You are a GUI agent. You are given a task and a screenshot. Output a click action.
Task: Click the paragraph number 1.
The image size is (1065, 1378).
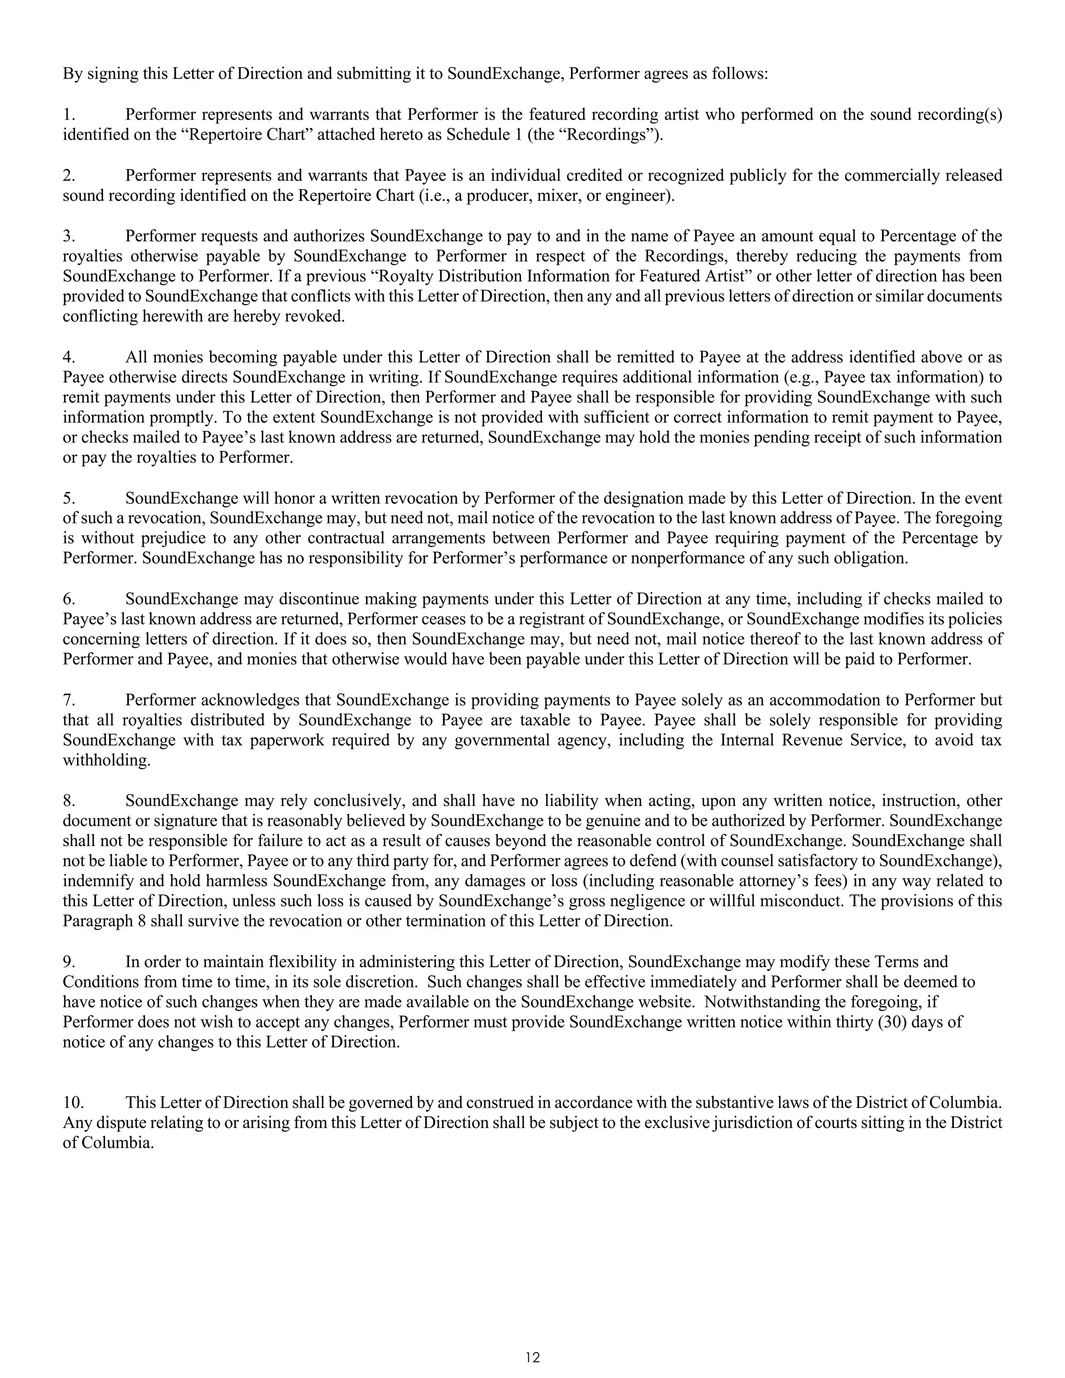(69, 115)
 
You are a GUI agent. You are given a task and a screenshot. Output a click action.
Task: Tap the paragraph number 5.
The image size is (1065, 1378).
(69, 499)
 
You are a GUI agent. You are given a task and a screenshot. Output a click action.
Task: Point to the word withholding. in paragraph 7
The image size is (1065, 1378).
(107, 760)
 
